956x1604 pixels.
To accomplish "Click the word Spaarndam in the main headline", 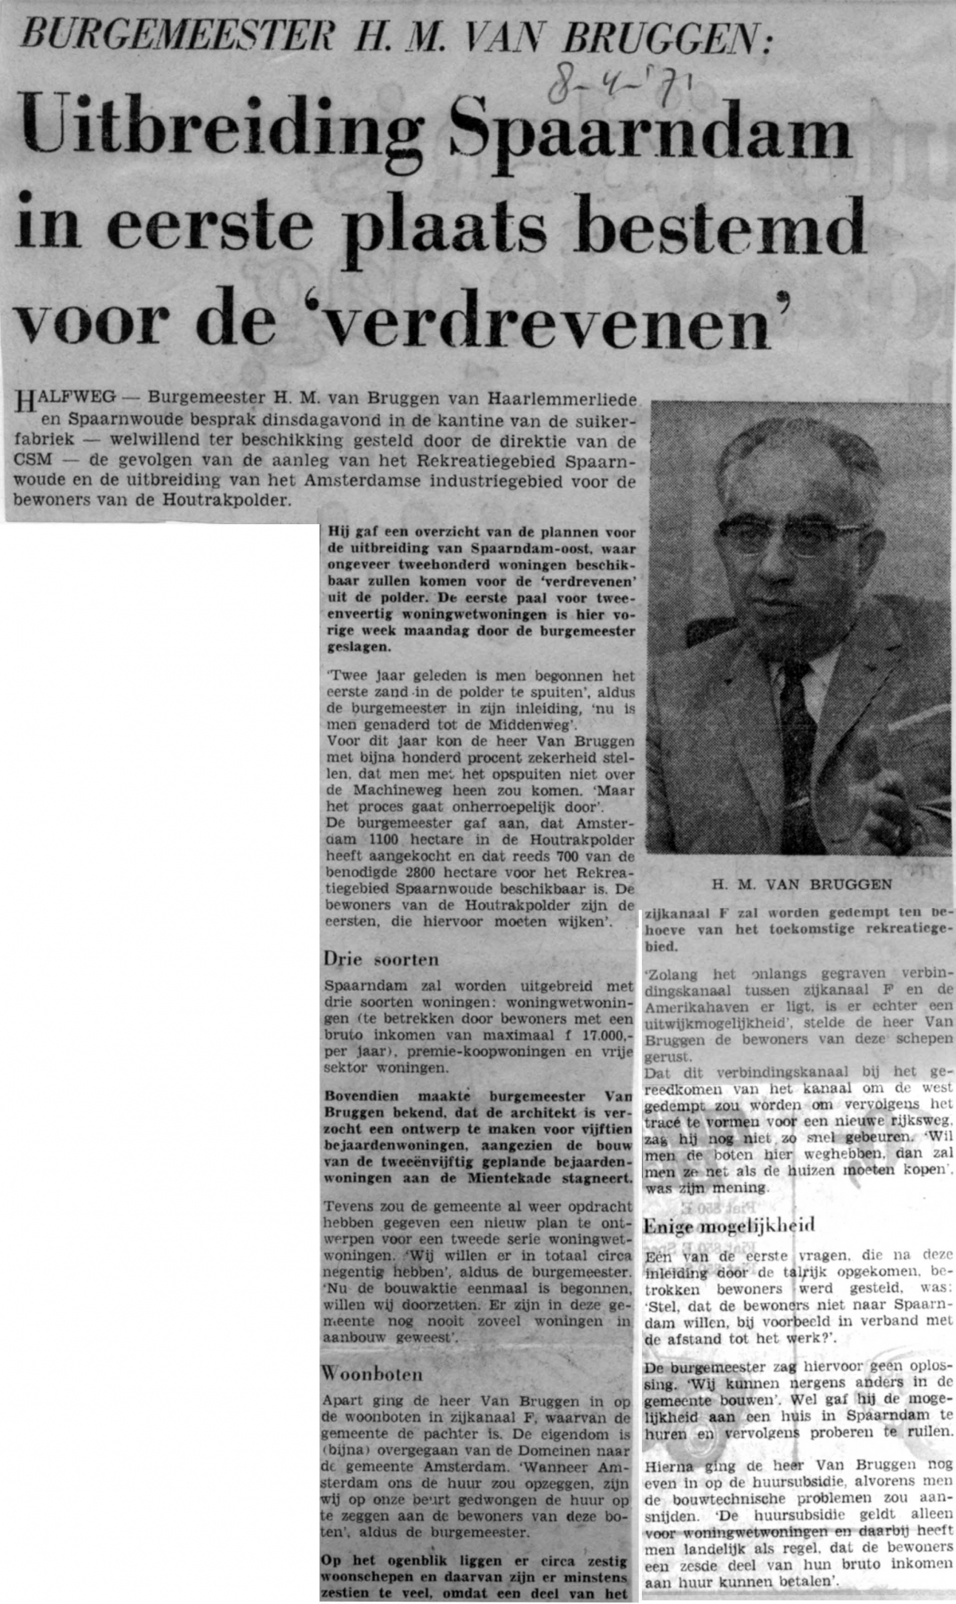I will [650, 136].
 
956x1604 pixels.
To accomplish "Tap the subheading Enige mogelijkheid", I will [729, 1226].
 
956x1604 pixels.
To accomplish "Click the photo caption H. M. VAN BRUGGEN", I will [801, 884].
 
